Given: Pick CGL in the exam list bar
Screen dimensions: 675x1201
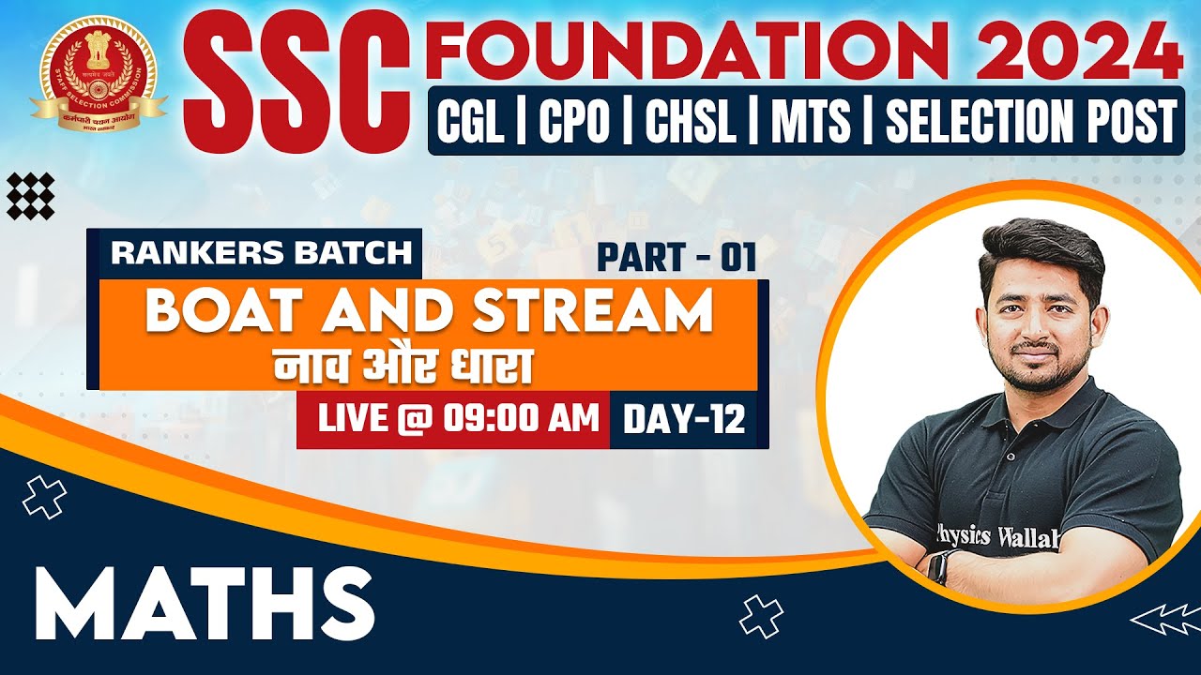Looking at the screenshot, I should pos(470,122).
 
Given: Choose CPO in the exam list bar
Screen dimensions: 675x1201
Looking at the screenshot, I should pos(573,122).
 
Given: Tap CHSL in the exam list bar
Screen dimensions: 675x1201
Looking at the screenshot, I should pos(690,122).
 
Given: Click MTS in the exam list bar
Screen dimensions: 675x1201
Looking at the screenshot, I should pos(811,122).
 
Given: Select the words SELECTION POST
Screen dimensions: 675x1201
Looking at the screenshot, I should pos(1030,122).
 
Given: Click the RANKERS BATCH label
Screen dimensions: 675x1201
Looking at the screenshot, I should pos(261,252).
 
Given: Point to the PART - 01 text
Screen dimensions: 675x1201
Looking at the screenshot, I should pos(676,257).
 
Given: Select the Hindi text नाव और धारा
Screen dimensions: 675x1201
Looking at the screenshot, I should pos(403,365).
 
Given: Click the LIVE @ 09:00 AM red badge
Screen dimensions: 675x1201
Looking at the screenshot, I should pos(458,419).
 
